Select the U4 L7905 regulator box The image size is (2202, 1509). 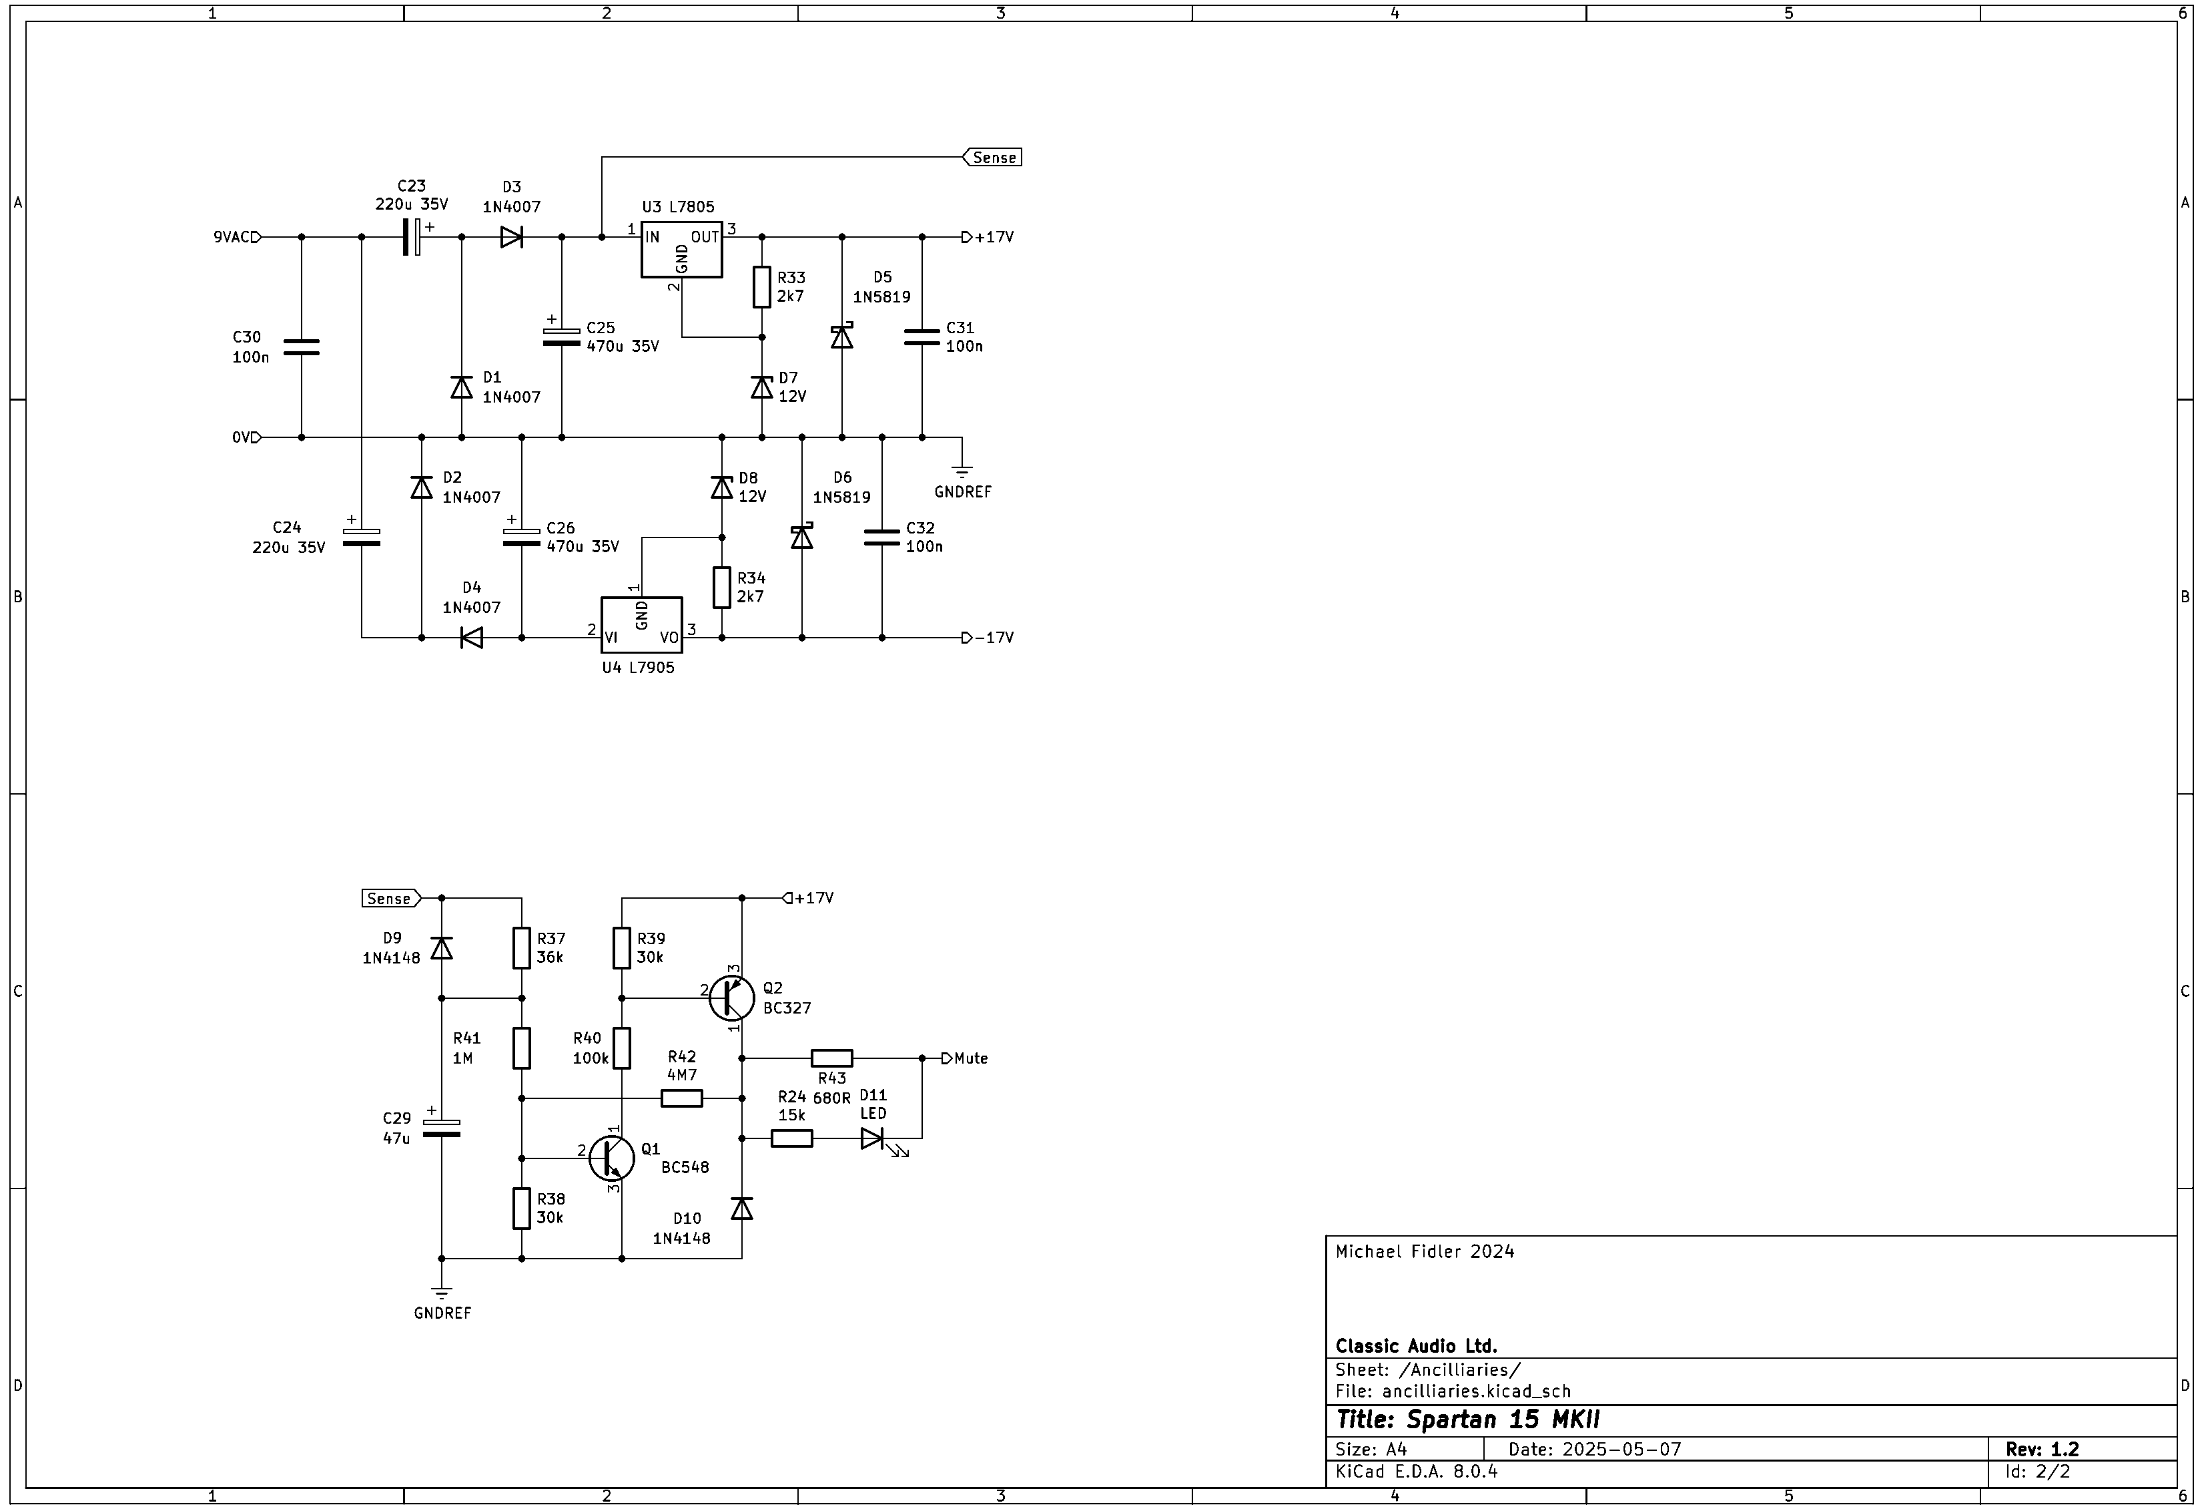coord(641,625)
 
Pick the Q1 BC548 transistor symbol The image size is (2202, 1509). coord(611,1157)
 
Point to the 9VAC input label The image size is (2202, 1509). coord(237,237)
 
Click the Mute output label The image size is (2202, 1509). coord(966,1058)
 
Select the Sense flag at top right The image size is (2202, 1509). coord(992,158)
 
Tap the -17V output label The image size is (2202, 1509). coord(988,638)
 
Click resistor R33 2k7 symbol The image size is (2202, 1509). coord(762,287)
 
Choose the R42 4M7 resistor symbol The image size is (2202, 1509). coord(681,1098)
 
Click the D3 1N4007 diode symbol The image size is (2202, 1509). coord(512,237)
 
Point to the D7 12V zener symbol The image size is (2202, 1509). coord(762,387)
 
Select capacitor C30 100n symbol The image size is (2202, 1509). coord(302,347)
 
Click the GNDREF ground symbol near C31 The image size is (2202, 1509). coord(963,471)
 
